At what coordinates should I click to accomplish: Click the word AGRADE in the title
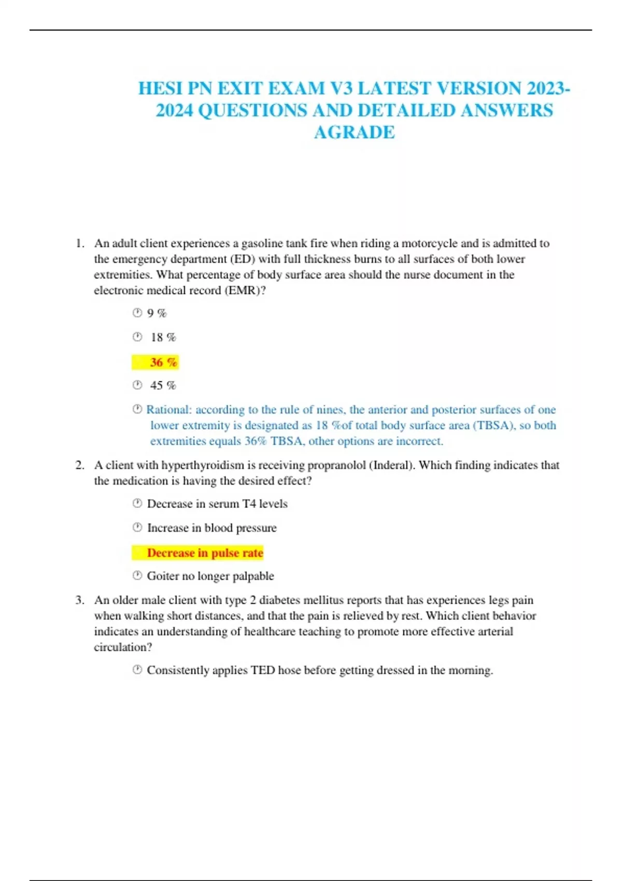coord(354,133)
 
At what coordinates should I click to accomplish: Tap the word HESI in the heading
coord(161,89)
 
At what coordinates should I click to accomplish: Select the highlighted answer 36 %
coord(163,362)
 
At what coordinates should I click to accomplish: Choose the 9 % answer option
coord(157,313)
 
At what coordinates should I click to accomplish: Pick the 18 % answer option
coord(163,337)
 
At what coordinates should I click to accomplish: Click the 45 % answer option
coord(163,386)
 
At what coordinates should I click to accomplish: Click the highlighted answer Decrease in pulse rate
coord(205,553)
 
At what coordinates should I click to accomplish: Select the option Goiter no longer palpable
coord(210,576)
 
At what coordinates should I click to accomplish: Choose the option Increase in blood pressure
coord(211,528)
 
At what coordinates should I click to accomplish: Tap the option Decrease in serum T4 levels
coord(217,504)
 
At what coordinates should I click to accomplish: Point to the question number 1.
coord(79,244)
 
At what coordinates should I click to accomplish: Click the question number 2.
coord(79,465)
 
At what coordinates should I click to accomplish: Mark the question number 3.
coord(79,600)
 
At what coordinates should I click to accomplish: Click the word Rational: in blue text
coord(169,410)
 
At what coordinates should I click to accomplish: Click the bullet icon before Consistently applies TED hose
coord(137,670)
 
